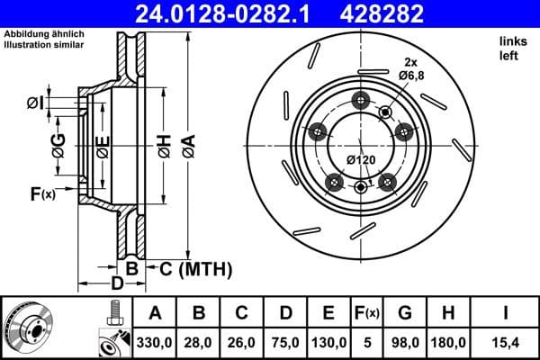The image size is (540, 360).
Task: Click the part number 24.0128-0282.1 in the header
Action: (228, 13)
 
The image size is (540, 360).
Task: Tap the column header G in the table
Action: (405, 313)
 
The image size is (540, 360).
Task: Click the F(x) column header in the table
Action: (368, 313)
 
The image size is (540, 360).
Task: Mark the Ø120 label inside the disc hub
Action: (361, 160)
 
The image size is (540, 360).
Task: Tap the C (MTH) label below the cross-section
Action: (194, 269)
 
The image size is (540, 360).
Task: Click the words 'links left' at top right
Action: (510, 49)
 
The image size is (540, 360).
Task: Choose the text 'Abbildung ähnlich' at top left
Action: (44, 33)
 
